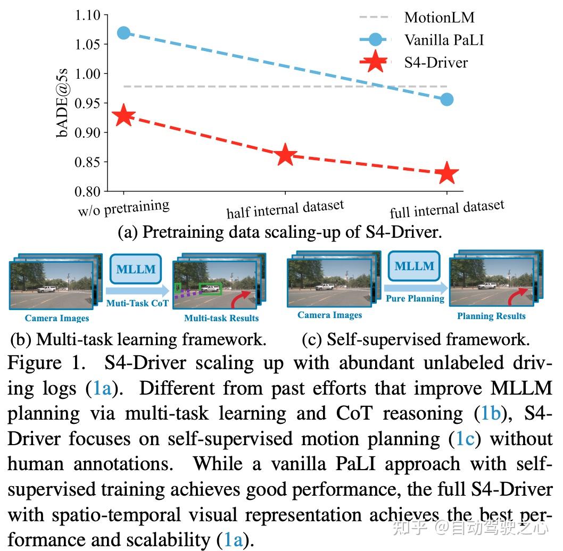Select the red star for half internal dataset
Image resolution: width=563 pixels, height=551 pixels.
(285, 155)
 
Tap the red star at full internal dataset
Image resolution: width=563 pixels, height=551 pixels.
(446, 173)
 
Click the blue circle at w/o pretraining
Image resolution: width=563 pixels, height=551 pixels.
(123, 32)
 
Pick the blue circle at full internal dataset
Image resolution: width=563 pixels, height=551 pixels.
(447, 99)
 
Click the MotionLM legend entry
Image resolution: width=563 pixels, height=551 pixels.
(439, 17)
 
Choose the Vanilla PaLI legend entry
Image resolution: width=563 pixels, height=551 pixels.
(443, 39)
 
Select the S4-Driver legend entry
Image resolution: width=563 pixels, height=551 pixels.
(436, 62)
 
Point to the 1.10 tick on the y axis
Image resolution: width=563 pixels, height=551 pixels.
(88, 15)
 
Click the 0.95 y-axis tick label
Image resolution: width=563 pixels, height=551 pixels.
(88, 103)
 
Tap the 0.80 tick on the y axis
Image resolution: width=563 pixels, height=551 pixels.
(88, 191)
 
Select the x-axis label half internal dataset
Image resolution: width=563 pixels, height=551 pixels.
(285, 209)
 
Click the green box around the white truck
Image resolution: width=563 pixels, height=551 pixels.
(210, 289)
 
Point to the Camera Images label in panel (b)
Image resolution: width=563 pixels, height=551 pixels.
(57, 318)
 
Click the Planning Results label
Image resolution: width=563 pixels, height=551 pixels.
(491, 316)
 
